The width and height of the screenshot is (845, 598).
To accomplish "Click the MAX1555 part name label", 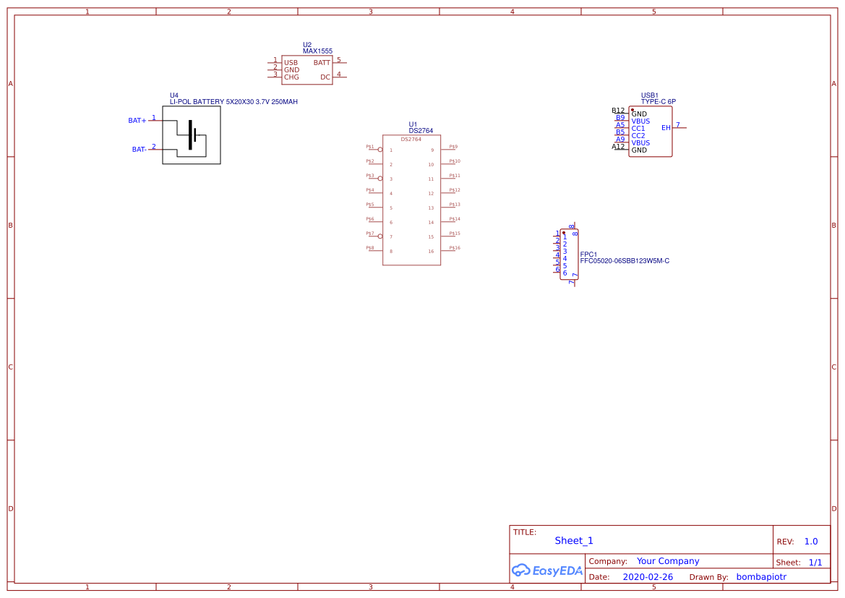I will (317, 51).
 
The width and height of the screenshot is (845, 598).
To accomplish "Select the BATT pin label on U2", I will (322, 63).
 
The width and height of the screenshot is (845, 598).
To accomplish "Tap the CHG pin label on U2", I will (291, 77).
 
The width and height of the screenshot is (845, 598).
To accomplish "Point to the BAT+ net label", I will (137, 121).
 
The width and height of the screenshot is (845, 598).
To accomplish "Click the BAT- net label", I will (140, 150).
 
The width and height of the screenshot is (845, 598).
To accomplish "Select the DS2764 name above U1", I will (421, 131).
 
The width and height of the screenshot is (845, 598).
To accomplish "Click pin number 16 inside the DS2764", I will (431, 252).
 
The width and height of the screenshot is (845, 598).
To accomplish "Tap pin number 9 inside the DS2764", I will (432, 150).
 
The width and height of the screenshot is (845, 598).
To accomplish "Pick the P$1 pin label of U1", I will (370, 147).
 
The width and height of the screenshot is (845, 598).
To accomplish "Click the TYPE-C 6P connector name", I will (658, 102).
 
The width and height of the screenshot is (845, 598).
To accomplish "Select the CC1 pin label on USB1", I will (638, 129).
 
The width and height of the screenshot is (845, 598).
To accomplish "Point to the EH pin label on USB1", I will (666, 128).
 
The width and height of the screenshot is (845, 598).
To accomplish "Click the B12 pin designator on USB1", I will (618, 111).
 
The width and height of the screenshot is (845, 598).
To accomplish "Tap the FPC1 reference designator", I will (588, 255).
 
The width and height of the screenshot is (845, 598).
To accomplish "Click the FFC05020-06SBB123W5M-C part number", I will (625, 261).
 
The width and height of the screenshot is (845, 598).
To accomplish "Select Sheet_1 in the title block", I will (574, 541).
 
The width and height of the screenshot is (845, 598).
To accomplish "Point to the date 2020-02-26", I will (648, 577).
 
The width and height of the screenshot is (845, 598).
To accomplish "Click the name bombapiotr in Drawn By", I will (760, 577).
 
